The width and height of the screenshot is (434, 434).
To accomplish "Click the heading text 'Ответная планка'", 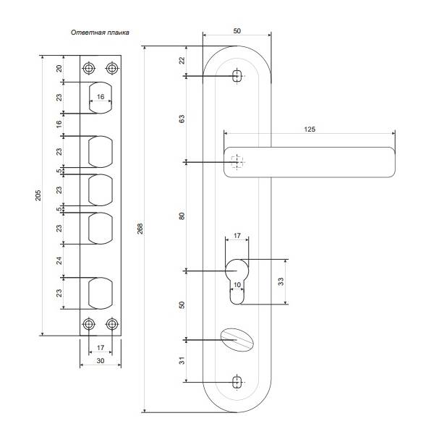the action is pyautogui.click(x=100, y=33).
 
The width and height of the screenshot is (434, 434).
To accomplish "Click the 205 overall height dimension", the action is pyautogui.click(x=38, y=195).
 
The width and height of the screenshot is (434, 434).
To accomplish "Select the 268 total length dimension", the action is pyautogui.click(x=140, y=229).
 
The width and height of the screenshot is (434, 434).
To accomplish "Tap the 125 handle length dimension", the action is pyautogui.click(x=310, y=129).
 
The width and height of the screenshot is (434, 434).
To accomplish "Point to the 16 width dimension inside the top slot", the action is pyautogui.click(x=101, y=97).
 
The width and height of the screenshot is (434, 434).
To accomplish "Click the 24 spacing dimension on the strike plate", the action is pyautogui.click(x=59, y=260).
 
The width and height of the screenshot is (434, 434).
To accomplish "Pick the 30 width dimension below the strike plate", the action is pyautogui.click(x=101, y=361).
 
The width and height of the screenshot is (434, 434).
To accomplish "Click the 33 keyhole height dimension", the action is pyautogui.click(x=281, y=282).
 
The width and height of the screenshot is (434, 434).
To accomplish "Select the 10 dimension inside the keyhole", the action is pyautogui.click(x=237, y=285).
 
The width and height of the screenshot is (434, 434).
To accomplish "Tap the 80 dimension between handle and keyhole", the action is pyautogui.click(x=182, y=216).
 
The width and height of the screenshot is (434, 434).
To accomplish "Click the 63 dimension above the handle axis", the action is pyautogui.click(x=182, y=119).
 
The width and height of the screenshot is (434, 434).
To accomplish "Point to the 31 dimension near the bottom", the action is pyautogui.click(x=182, y=360).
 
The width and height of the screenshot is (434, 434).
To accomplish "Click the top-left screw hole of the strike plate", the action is pyautogui.click(x=88, y=68).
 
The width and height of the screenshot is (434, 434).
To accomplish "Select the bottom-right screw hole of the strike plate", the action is pyautogui.click(x=112, y=324).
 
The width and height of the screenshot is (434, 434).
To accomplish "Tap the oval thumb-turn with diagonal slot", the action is pyautogui.click(x=237, y=340).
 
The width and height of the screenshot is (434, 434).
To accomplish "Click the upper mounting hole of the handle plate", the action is pyautogui.click(x=237, y=75).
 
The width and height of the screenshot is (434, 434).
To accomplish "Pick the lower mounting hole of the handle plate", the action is pyautogui.click(x=237, y=382).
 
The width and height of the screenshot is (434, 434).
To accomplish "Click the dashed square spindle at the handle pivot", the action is pyautogui.click(x=237, y=162).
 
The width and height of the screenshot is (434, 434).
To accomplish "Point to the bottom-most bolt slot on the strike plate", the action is pyautogui.click(x=101, y=293).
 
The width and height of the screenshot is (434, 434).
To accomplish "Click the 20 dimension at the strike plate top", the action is pyautogui.click(x=59, y=69).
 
